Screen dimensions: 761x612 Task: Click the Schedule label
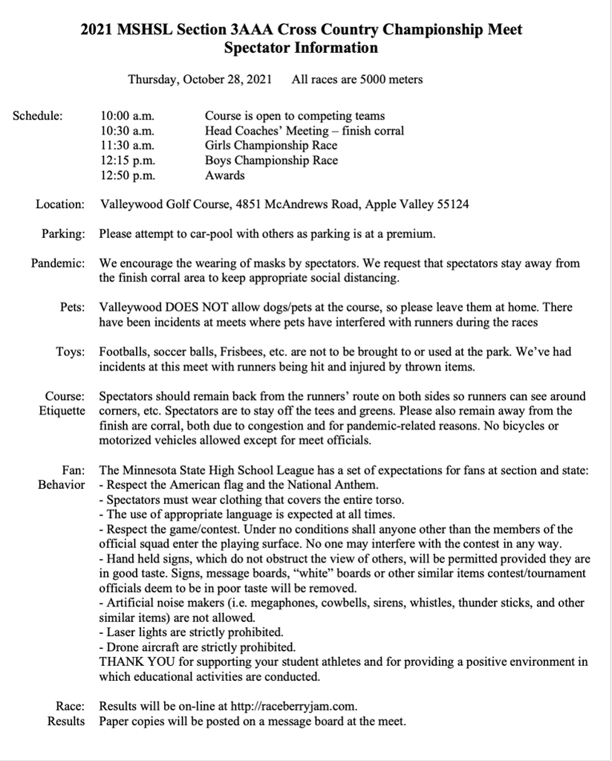pos(38,116)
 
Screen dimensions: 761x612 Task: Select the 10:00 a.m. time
pos(127,116)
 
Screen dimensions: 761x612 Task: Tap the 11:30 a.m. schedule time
pos(127,146)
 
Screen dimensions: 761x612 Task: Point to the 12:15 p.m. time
pos(127,161)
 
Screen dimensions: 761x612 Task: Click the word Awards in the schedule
pos(224,175)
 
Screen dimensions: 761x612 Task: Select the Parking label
pos(63,234)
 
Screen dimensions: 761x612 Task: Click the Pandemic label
pos(58,263)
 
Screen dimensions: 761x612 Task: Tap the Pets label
pos(72,307)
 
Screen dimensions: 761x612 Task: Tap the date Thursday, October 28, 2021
pos(200,79)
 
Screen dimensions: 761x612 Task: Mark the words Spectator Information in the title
pos(301,48)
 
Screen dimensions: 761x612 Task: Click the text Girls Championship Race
pos(271,146)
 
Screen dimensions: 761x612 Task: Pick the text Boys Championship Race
pos(271,161)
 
